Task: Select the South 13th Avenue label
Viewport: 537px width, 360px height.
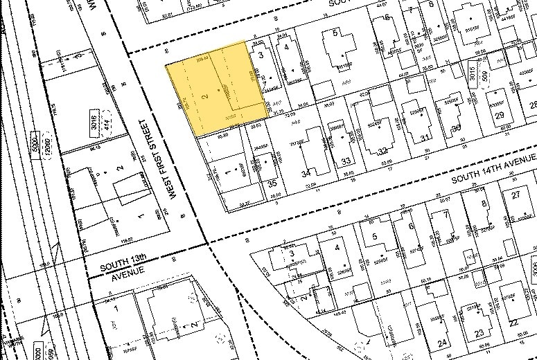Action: [123, 264]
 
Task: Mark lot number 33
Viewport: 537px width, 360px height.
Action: [345, 161]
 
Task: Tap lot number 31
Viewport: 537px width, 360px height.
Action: [425, 138]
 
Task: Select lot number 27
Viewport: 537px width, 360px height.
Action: [516, 195]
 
